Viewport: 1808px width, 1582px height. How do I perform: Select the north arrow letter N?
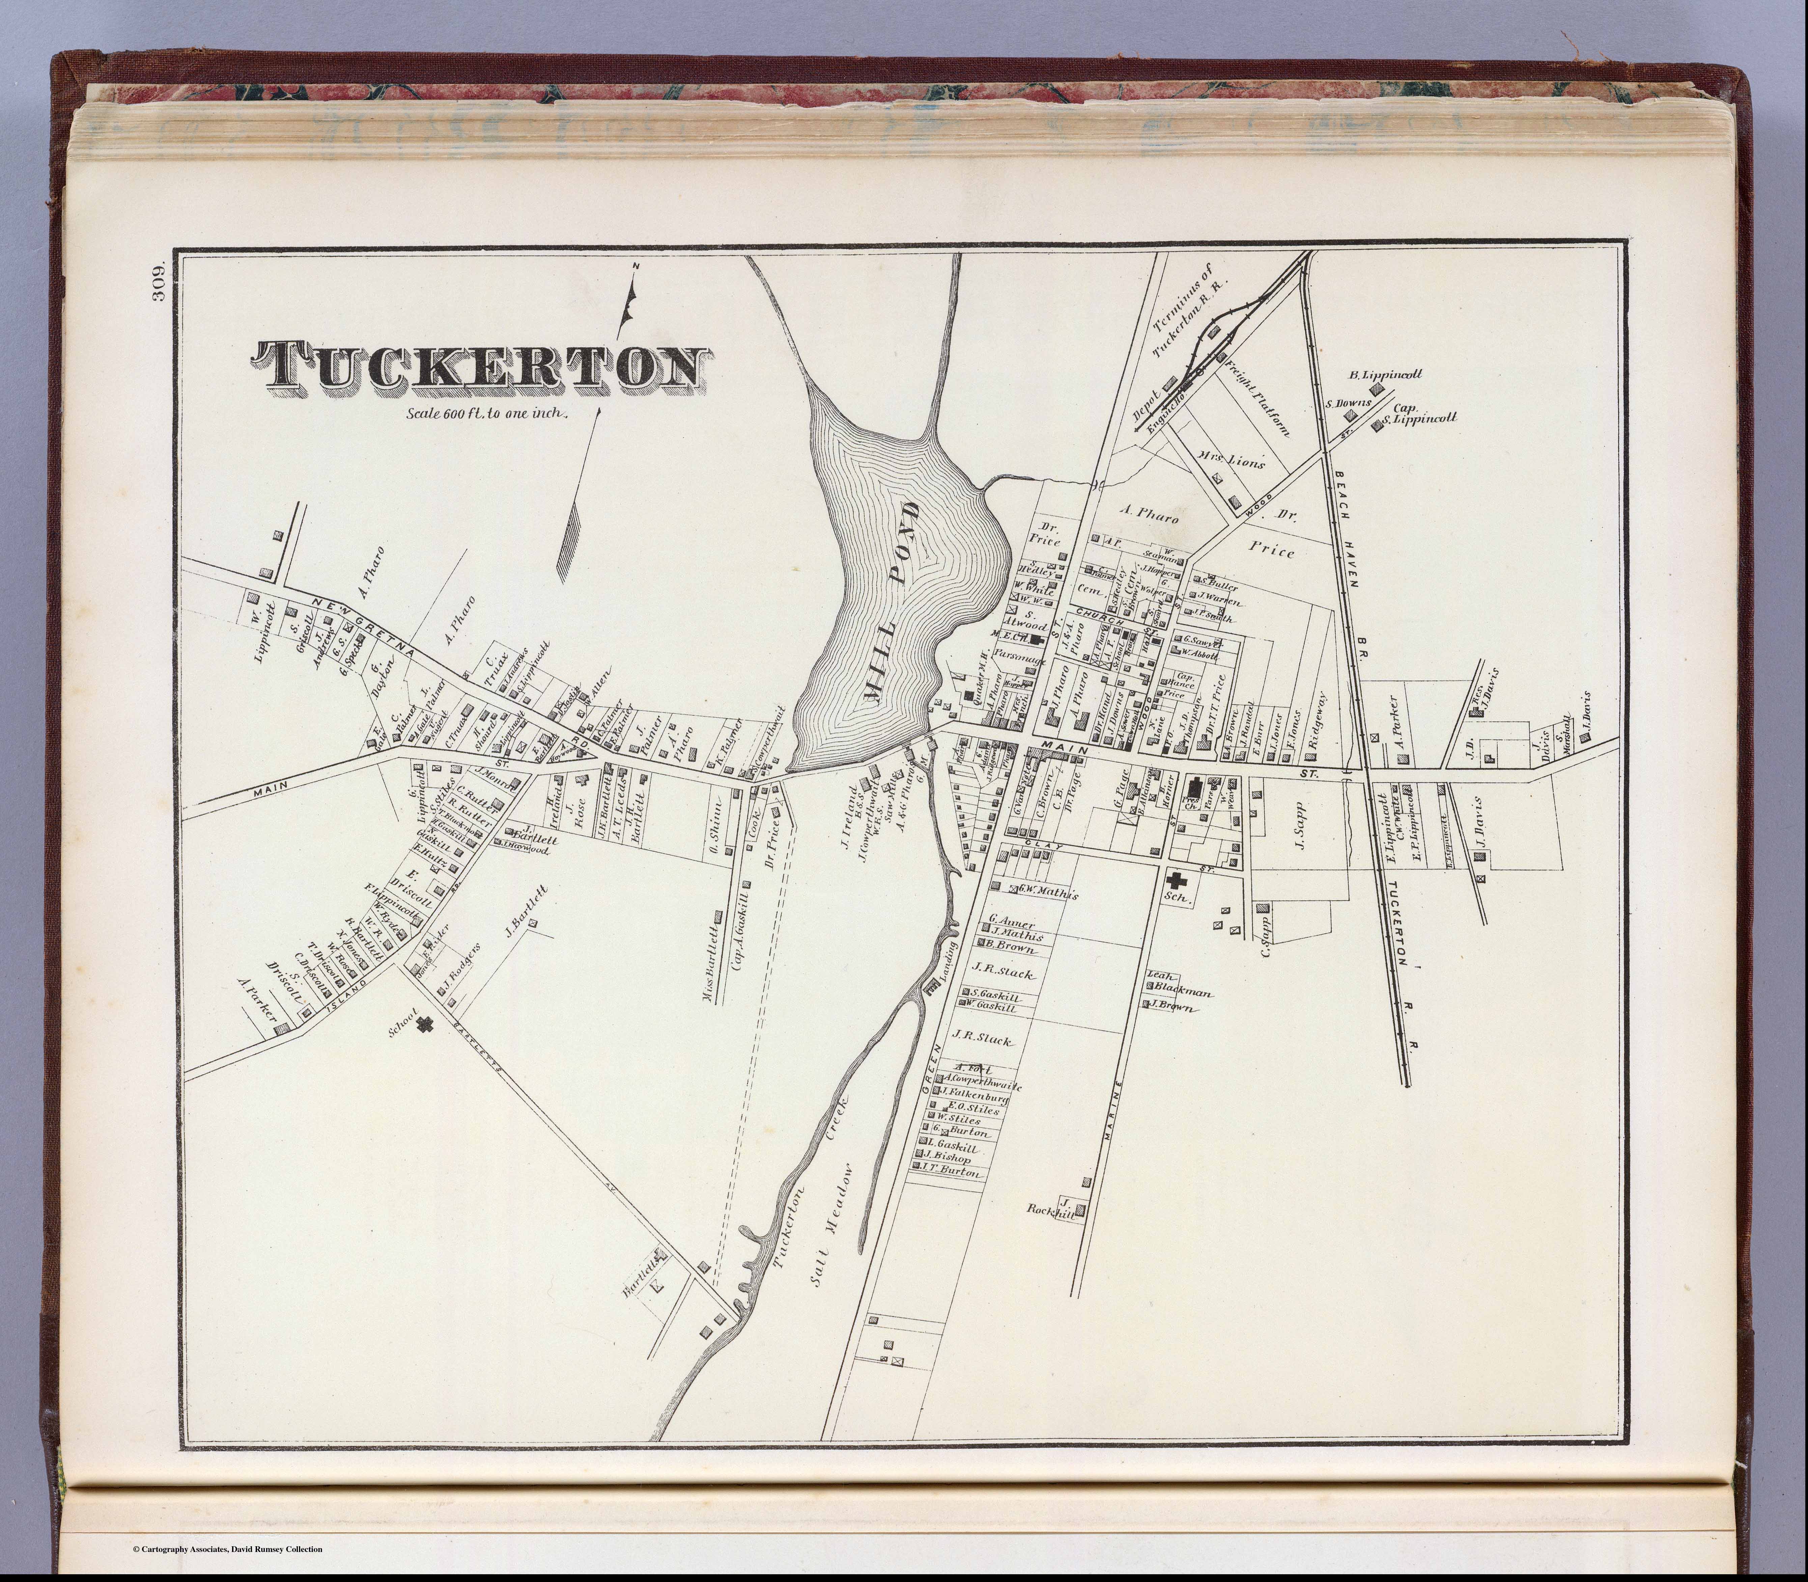[635, 267]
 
